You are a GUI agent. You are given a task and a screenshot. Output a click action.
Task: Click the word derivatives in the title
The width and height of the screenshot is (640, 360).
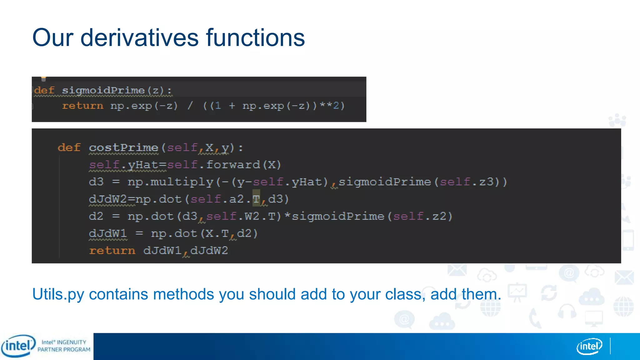(139, 38)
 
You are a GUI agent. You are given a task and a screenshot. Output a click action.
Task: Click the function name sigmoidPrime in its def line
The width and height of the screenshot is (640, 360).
(103, 90)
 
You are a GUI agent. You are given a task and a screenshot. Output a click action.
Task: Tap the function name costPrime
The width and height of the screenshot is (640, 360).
(124, 147)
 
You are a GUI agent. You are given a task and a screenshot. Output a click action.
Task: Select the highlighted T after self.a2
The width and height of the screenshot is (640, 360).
(256, 199)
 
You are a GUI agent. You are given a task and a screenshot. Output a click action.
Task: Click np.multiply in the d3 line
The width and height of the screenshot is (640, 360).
(170, 182)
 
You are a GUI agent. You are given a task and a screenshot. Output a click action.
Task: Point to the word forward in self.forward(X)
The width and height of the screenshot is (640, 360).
(233, 165)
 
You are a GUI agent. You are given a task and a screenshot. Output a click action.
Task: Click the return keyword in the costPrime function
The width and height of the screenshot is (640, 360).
(112, 251)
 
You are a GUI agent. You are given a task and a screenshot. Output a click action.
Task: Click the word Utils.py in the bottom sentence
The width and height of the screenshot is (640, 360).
(58, 294)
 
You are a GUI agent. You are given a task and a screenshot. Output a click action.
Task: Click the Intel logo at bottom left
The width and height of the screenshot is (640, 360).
(18, 346)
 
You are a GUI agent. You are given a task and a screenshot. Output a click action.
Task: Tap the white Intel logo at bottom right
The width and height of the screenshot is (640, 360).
(589, 346)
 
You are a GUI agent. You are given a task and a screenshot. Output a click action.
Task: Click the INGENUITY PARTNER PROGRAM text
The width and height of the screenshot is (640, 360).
(64, 346)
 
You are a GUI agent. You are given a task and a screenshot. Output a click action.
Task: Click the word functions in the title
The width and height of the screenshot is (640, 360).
(255, 38)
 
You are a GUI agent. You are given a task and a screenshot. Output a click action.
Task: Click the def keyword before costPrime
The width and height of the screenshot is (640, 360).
(69, 147)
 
